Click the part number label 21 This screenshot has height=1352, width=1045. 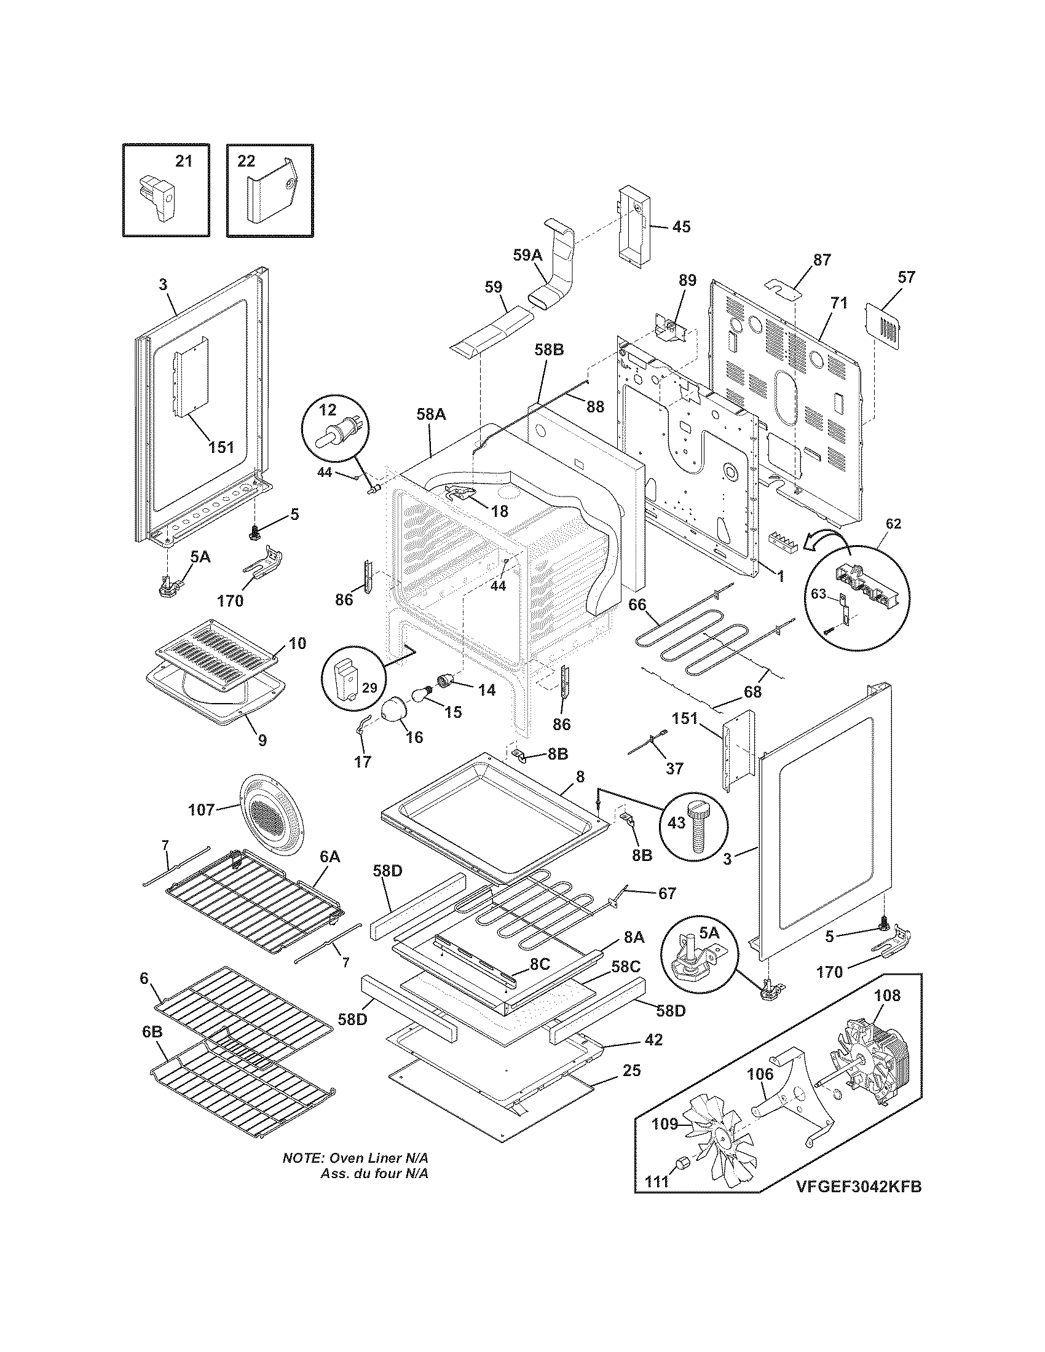pos(184,162)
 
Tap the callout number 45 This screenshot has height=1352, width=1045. pos(681,227)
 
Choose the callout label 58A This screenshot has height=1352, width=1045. pos(431,414)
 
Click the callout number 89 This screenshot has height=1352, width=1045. pos(687,280)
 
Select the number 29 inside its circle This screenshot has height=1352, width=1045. pos(369,688)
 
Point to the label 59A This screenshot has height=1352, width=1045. pos(527,255)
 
